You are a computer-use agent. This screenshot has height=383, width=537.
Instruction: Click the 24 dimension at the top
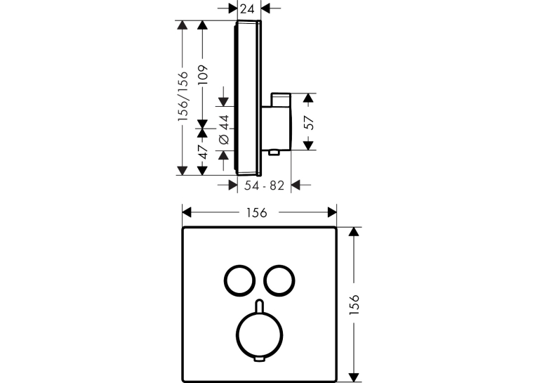coord(247,9)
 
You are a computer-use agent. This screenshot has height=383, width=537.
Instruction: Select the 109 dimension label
coord(203,74)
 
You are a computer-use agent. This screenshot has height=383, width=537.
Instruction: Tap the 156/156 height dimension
coord(183,96)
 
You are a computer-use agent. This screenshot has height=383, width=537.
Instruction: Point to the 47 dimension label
coord(203,152)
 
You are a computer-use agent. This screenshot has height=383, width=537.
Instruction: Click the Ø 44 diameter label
coord(224,129)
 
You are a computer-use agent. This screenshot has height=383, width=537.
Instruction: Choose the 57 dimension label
coord(309,123)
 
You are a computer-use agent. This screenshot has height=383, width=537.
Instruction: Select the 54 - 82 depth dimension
coord(264,186)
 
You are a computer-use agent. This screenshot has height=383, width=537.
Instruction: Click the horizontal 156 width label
coord(256,213)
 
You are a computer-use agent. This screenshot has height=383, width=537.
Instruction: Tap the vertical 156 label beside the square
coord(354,304)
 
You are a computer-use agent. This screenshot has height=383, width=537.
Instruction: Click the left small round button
coord(225,280)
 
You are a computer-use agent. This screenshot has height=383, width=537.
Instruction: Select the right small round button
coord(265,280)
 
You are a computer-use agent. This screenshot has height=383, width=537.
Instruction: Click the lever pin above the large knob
coord(259,306)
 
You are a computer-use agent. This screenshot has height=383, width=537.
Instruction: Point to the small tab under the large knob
coord(259,359)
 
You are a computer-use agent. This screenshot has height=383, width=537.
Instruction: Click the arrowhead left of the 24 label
coord(233,8)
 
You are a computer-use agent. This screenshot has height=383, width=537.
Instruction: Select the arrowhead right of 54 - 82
coord(296,185)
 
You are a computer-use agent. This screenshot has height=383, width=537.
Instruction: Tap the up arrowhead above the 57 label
coord(309,98)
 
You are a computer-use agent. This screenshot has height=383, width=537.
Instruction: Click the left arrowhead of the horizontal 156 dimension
coord(187,213)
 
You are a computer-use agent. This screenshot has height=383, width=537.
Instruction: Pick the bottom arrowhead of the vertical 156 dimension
coord(354,377)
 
